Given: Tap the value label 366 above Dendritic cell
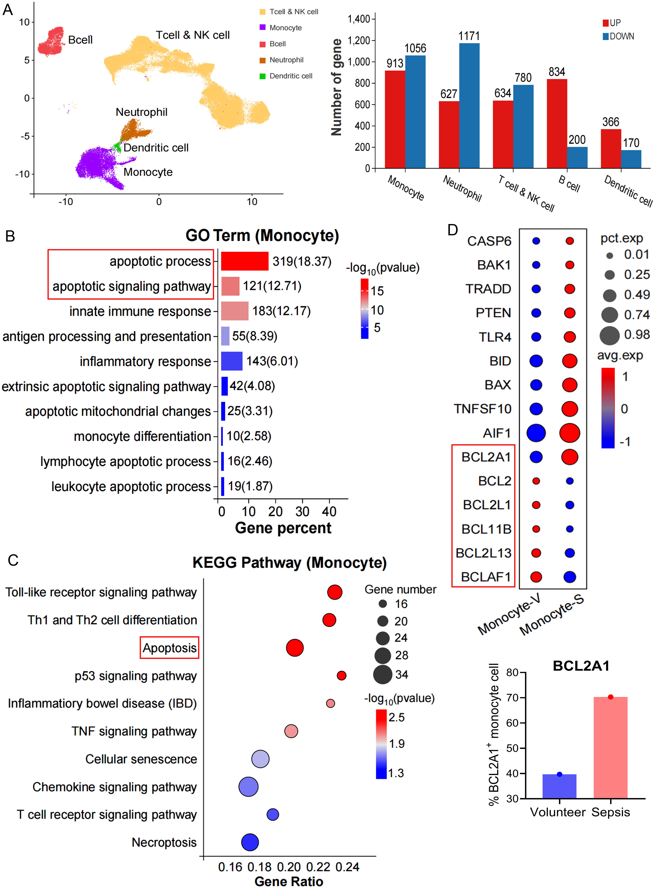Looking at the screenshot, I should point(611,122).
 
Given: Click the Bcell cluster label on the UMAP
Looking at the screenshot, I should point(80,40).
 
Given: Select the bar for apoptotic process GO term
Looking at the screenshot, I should point(245,261).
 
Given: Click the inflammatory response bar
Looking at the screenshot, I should point(231,361).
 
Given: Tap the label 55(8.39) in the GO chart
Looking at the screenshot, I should point(255,336).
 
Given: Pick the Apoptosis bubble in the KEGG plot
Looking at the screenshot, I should point(295,648).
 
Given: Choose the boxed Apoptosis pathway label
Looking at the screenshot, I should point(169,648).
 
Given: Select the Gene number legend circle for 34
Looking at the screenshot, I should point(383,674).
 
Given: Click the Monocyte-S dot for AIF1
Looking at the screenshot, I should point(569,433).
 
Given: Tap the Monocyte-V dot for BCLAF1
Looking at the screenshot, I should point(536,577).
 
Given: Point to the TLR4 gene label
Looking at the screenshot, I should point(495,337).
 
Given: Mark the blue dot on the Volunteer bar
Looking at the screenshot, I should point(559,774).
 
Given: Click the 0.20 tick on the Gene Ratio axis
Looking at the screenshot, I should point(289,867).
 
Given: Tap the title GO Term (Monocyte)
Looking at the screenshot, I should point(262,236).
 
